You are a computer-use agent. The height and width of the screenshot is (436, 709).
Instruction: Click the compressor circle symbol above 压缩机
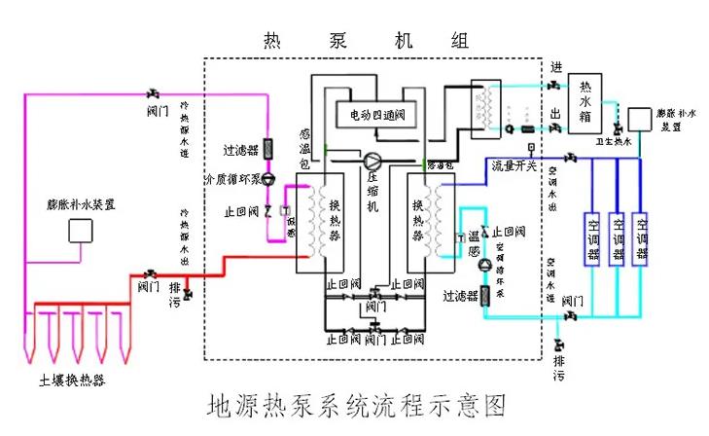click(373, 160)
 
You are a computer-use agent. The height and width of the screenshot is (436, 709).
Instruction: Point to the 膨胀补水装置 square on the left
click(80, 231)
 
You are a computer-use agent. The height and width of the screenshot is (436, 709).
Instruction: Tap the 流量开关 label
click(514, 165)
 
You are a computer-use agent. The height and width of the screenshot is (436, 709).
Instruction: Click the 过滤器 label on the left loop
click(239, 151)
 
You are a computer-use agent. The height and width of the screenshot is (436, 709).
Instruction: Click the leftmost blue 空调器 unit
click(590, 238)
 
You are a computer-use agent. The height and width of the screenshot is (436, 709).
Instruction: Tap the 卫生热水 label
click(614, 142)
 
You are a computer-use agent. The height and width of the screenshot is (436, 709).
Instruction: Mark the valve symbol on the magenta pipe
click(153, 93)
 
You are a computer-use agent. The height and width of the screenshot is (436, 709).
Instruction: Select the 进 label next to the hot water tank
click(555, 67)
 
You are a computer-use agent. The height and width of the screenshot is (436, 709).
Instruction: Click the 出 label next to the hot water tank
click(555, 114)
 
